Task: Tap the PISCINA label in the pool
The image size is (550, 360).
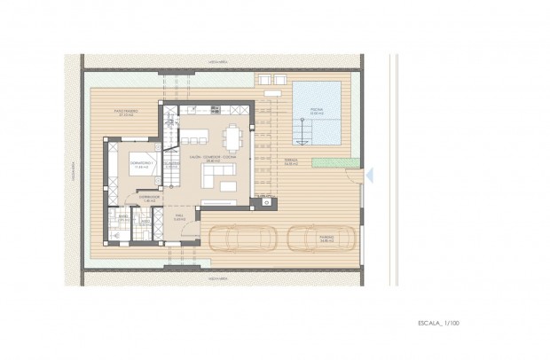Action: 317,111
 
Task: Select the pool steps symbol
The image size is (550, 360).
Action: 302,132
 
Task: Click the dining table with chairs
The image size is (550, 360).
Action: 232,137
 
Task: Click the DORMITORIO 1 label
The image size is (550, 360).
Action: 141,165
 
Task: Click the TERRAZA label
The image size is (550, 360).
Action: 290,162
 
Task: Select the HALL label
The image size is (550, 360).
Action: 178,215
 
